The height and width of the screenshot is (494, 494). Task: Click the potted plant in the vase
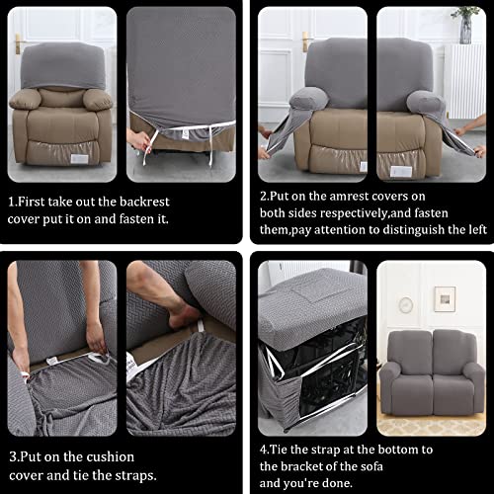(x=465, y=22)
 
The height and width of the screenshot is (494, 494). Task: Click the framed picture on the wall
(x=445, y=298)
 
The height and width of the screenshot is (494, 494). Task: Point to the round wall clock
(x=406, y=305)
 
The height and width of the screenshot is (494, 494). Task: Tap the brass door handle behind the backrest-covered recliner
(x=19, y=43)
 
